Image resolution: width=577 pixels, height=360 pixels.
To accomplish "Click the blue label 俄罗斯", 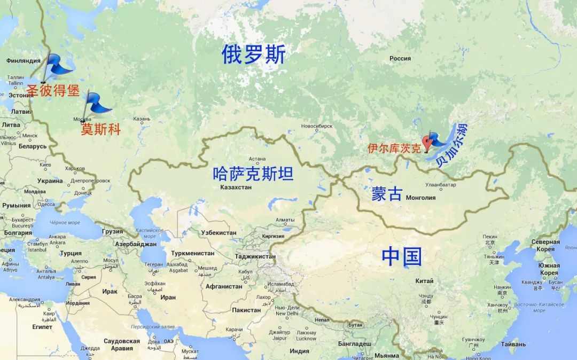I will pos(254,54).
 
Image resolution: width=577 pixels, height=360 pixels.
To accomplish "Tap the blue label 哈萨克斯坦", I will pos(253,174).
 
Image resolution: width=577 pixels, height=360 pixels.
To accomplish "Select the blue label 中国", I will pos(401,257).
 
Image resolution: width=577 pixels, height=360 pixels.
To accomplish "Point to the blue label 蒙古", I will pos(387,194).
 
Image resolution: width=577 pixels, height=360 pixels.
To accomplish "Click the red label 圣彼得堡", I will pos(53,91).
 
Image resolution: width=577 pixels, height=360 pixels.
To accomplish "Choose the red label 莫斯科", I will pos(101,129).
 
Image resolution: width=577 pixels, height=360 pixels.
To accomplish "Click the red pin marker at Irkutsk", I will pos(426,142).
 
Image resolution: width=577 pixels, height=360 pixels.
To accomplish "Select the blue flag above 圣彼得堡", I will pos(57,65).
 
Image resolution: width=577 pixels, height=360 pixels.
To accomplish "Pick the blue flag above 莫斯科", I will pos(97,103).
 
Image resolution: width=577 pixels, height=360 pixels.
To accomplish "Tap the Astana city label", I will pos(257,159).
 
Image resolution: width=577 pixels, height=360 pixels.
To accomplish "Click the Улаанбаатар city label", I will pos(441,185).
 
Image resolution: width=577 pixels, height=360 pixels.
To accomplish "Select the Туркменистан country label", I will pos(192,253).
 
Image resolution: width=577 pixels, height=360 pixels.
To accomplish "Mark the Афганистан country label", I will pos(224,286).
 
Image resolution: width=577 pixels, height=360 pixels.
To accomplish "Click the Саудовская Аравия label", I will pos(122,345).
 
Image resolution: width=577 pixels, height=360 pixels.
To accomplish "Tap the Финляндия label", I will pos(24,61).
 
